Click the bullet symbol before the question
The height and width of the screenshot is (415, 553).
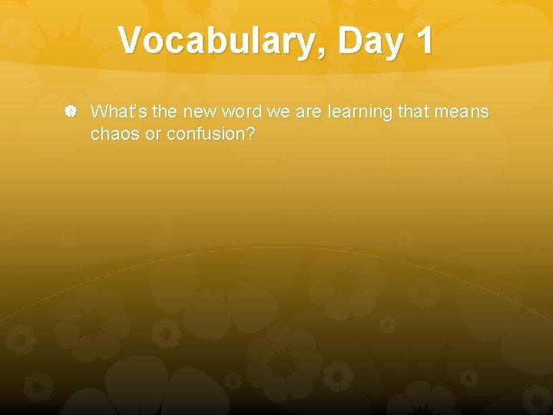pos(69,112)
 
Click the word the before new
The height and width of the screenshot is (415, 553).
pos(165,111)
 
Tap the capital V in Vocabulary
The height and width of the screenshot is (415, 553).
pos(132,40)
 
